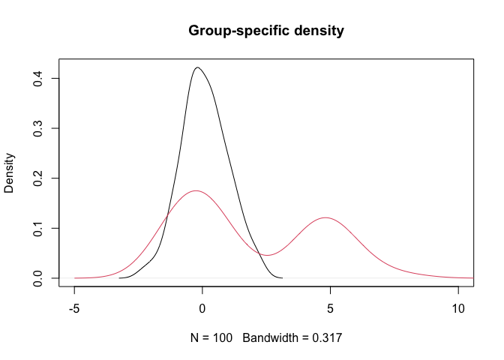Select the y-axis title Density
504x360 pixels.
(10, 174)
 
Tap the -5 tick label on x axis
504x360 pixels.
(73, 307)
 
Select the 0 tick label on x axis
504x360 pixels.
(202, 307)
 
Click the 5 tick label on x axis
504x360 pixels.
(329, 307)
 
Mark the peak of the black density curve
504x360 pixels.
(197, 67)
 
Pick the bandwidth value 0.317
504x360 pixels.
(327, 338)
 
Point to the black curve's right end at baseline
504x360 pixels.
(281, 277)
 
